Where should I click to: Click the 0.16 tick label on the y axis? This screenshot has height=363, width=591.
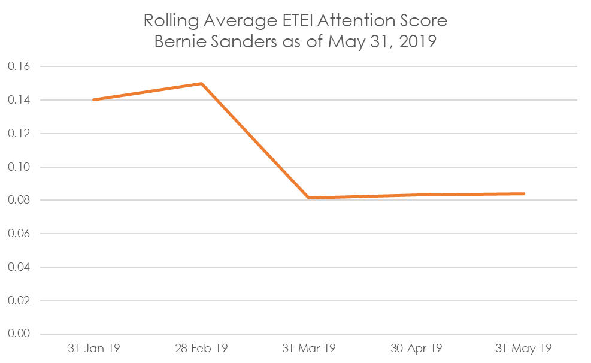coord(19,66)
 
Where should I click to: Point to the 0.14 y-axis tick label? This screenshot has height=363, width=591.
coord(19,100)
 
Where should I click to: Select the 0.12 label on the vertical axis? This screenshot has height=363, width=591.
coord(19,134)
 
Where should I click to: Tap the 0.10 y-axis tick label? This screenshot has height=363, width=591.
coord(19,167)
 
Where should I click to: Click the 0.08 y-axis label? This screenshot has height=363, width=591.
coord(19,200)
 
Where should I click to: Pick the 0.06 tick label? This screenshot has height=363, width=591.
coord(19,234)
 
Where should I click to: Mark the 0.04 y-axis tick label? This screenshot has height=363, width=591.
coord(19,267)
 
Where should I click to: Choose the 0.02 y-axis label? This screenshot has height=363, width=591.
coord(19,301)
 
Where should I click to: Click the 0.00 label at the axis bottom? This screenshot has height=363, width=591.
coord(19,334)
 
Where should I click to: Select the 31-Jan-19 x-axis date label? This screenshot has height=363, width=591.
coord(94,348)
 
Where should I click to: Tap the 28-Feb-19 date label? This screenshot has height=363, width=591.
coord(201,348)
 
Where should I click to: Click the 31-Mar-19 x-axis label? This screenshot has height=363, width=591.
coord(309,348)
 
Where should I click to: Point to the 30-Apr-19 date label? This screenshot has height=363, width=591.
coord(416,348)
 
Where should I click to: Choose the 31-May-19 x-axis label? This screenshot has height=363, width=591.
coord(523,348)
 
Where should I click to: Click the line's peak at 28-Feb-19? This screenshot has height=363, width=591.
coord(202,83)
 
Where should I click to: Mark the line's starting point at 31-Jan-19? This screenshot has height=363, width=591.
coord(93,100)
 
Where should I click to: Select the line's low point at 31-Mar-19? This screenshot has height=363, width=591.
coord(309,198)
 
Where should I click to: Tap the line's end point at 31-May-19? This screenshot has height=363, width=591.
coord(523,193)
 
